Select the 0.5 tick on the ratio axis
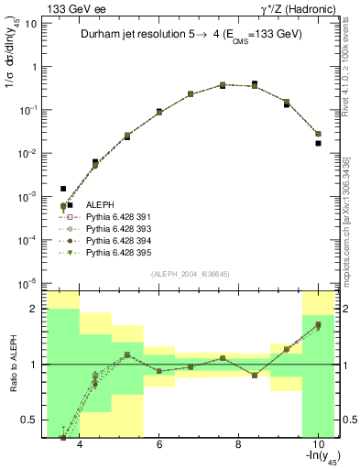(x=33, y=420)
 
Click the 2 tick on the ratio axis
(x=37, y=309)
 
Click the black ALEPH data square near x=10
(x=318, y=143)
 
